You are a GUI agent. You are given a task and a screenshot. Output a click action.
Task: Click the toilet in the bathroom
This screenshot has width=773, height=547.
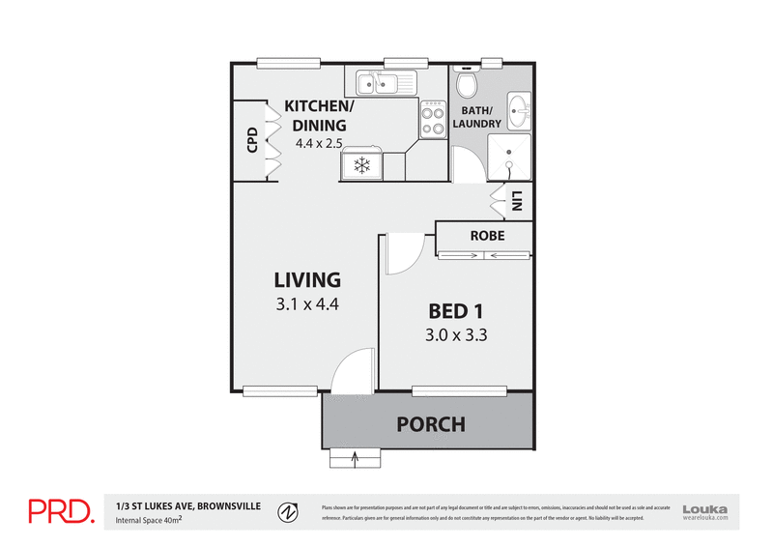(466, 87)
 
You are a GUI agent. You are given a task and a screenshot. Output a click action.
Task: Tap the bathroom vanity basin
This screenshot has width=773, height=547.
(518, 108)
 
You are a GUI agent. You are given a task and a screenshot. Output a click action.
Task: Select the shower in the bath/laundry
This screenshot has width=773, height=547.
(509, 158)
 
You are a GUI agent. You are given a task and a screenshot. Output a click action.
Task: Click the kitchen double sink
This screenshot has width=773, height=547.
(385, 83)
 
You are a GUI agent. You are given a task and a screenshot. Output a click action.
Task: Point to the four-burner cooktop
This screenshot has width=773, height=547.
(431, 123)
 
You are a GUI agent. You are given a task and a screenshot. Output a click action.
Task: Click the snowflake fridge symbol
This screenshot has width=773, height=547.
(362, 166)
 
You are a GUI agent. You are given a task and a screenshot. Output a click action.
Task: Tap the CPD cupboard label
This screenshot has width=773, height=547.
(252, 142)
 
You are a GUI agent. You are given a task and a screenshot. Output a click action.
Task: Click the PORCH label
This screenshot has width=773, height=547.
(431, 424)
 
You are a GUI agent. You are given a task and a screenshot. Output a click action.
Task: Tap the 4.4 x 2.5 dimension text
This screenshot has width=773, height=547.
(320, 143)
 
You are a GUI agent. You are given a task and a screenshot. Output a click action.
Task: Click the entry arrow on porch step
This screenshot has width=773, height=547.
(357, 458)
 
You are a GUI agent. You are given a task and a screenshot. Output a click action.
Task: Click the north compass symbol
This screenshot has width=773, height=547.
(286, 511)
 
